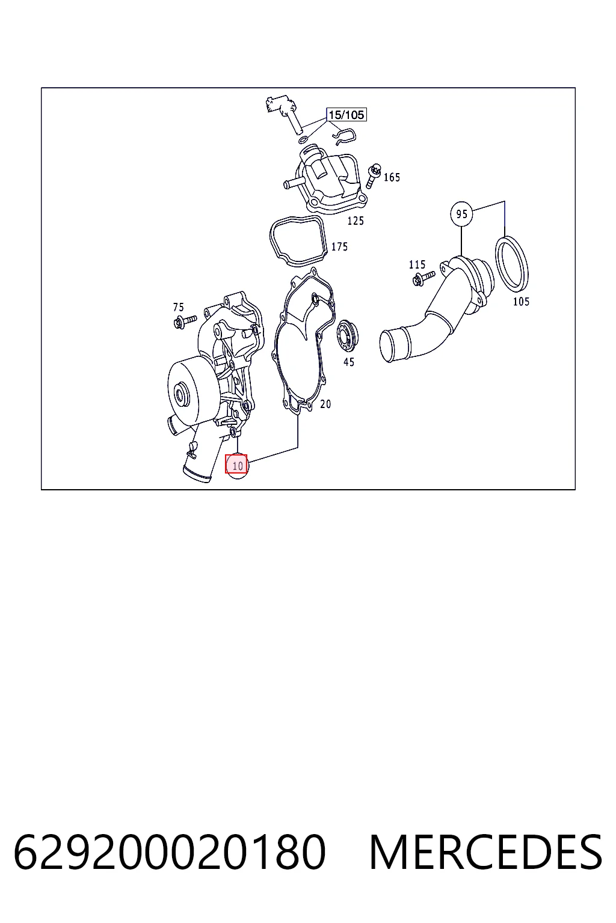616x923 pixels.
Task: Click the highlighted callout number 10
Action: (x=236, y=464)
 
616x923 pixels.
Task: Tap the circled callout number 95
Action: (x=461, y=214)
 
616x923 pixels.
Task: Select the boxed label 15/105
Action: (x=346, y=115)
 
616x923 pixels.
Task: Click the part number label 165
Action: (x=392, y=177)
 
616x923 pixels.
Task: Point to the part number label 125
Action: (x=356, y=221)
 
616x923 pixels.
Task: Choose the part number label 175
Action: (x=339, y=246)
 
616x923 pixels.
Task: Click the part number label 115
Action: (x=417, y=264)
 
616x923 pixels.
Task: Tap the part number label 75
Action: (x=178, y=307)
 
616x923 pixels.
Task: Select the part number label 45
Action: (x=349, y=362)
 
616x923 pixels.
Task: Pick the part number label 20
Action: (x=325, y=404)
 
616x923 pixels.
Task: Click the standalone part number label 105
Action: (x=521, y=302)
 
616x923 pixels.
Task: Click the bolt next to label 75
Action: (x=185, y=320)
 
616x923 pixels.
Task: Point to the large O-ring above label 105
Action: (x=511, y=263)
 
